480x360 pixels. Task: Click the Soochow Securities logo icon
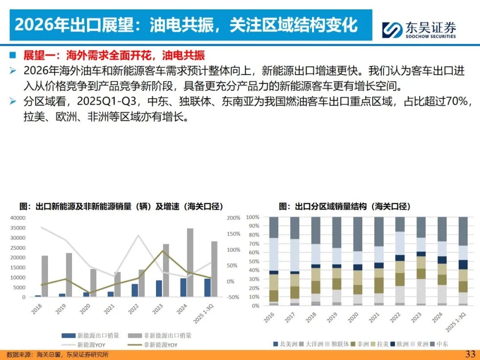(x=392, y=29)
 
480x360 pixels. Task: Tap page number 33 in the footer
(x=470, y=354)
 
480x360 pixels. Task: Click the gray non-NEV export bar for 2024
(x=190, y=262)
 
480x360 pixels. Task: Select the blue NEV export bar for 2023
(x=159, y=288)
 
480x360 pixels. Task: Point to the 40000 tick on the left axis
(x=18, y=218)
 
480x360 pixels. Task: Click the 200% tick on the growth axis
(x=233, y=218)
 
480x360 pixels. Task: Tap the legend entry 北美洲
(x=284, y=344)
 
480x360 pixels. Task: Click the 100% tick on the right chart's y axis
(x=252, y=217)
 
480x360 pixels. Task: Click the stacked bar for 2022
(x=400, y=261)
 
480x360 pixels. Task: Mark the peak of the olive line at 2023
(x=163, y=251)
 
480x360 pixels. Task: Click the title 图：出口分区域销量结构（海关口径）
(x=344, y=207)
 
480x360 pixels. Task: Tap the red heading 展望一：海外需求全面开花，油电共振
(x=114, y=56)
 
